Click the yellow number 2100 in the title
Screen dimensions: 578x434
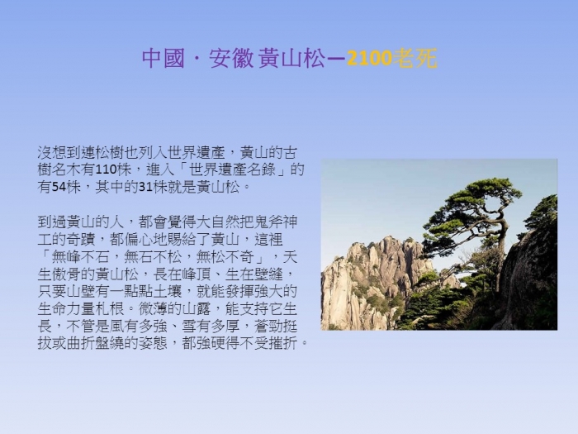tap(369, 59)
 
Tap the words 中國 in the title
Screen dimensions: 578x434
tap(163, 59)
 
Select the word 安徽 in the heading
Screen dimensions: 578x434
tap(231, 59)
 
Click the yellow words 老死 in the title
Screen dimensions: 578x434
tap(415, 59)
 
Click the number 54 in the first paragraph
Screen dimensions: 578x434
tap(59, 187)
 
